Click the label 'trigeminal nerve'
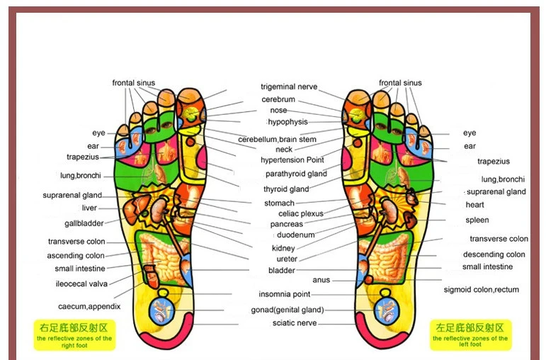(288, 87)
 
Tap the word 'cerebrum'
(278, 99)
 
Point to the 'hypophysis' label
(288, 122)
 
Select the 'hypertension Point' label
(292, 160)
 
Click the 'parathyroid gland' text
(296, 174)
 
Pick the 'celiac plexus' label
(301, 213)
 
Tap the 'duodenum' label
(295, 235)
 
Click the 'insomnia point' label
(284, 294)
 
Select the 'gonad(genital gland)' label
(287, 310)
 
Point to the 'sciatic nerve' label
(295, 323)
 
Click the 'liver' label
(89, 208)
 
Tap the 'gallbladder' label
(84, 223)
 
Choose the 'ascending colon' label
(76, 256)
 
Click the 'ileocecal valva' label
(81, 283)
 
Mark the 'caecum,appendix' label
(89, 306)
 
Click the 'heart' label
(474, 205)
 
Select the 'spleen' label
(477, 220)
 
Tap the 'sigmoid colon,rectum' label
(481, 290)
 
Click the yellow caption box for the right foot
(74, 334)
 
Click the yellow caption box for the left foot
(470, 334)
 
